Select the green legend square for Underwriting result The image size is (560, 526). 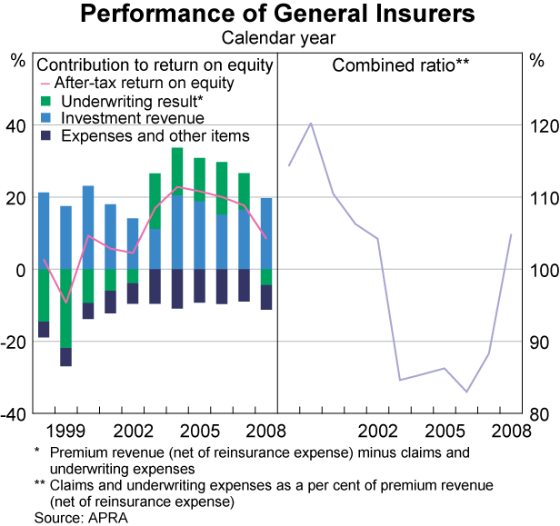pos(47,101)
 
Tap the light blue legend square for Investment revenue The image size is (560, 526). pos(47,118)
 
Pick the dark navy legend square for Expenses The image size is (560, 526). pos(47,135)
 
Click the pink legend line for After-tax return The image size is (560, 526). pos(46,84)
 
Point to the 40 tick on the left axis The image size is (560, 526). pos(17,126)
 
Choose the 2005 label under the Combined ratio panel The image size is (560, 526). pos(442,429)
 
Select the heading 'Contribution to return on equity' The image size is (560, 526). pos(155,65)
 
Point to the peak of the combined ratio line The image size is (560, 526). pos(311,123)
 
